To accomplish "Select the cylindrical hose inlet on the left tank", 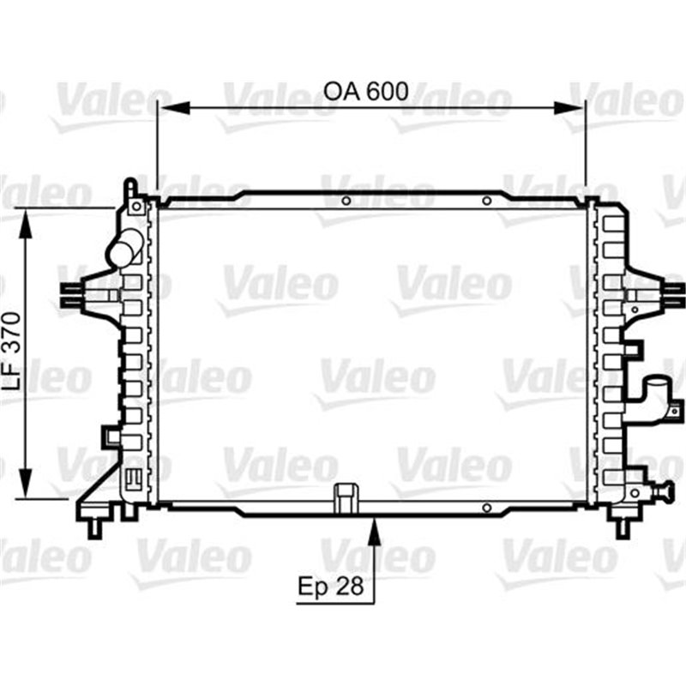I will tap(123, 251).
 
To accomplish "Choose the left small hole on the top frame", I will tap(346, 202).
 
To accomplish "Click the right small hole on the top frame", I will tap(486, 202).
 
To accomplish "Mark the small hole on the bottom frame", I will tap(486, 508).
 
